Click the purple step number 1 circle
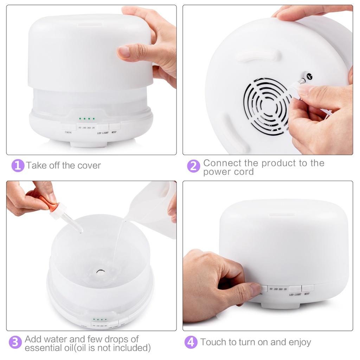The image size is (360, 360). (x=18, y=166)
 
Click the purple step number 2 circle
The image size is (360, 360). (x=193, y=166)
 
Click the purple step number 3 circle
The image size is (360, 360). (x=15, y=342)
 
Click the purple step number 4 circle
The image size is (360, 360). (x=191, y=342)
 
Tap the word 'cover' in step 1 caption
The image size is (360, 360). (x=89, y=166)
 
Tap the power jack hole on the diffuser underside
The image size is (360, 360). (x=310, y=76)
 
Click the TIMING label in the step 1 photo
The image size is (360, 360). (x=68, y=133)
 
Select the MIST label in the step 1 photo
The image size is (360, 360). (x=114, y=133)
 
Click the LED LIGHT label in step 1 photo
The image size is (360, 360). (x=103, y=133)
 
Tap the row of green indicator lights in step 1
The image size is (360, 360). (x=87, y=119)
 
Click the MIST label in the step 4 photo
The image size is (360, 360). (x=307, y=293)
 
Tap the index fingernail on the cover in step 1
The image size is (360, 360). (x=124, y=52)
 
